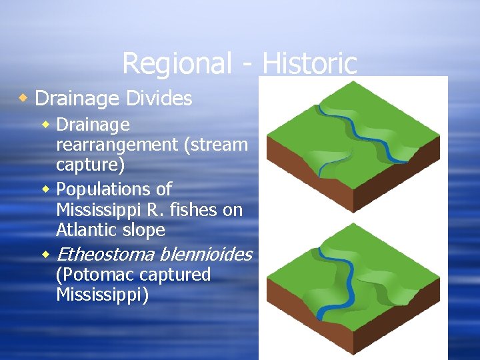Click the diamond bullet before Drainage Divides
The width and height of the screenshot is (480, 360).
[23, 99]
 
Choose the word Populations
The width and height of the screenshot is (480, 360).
[114, 189]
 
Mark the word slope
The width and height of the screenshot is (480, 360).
[145, 231]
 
